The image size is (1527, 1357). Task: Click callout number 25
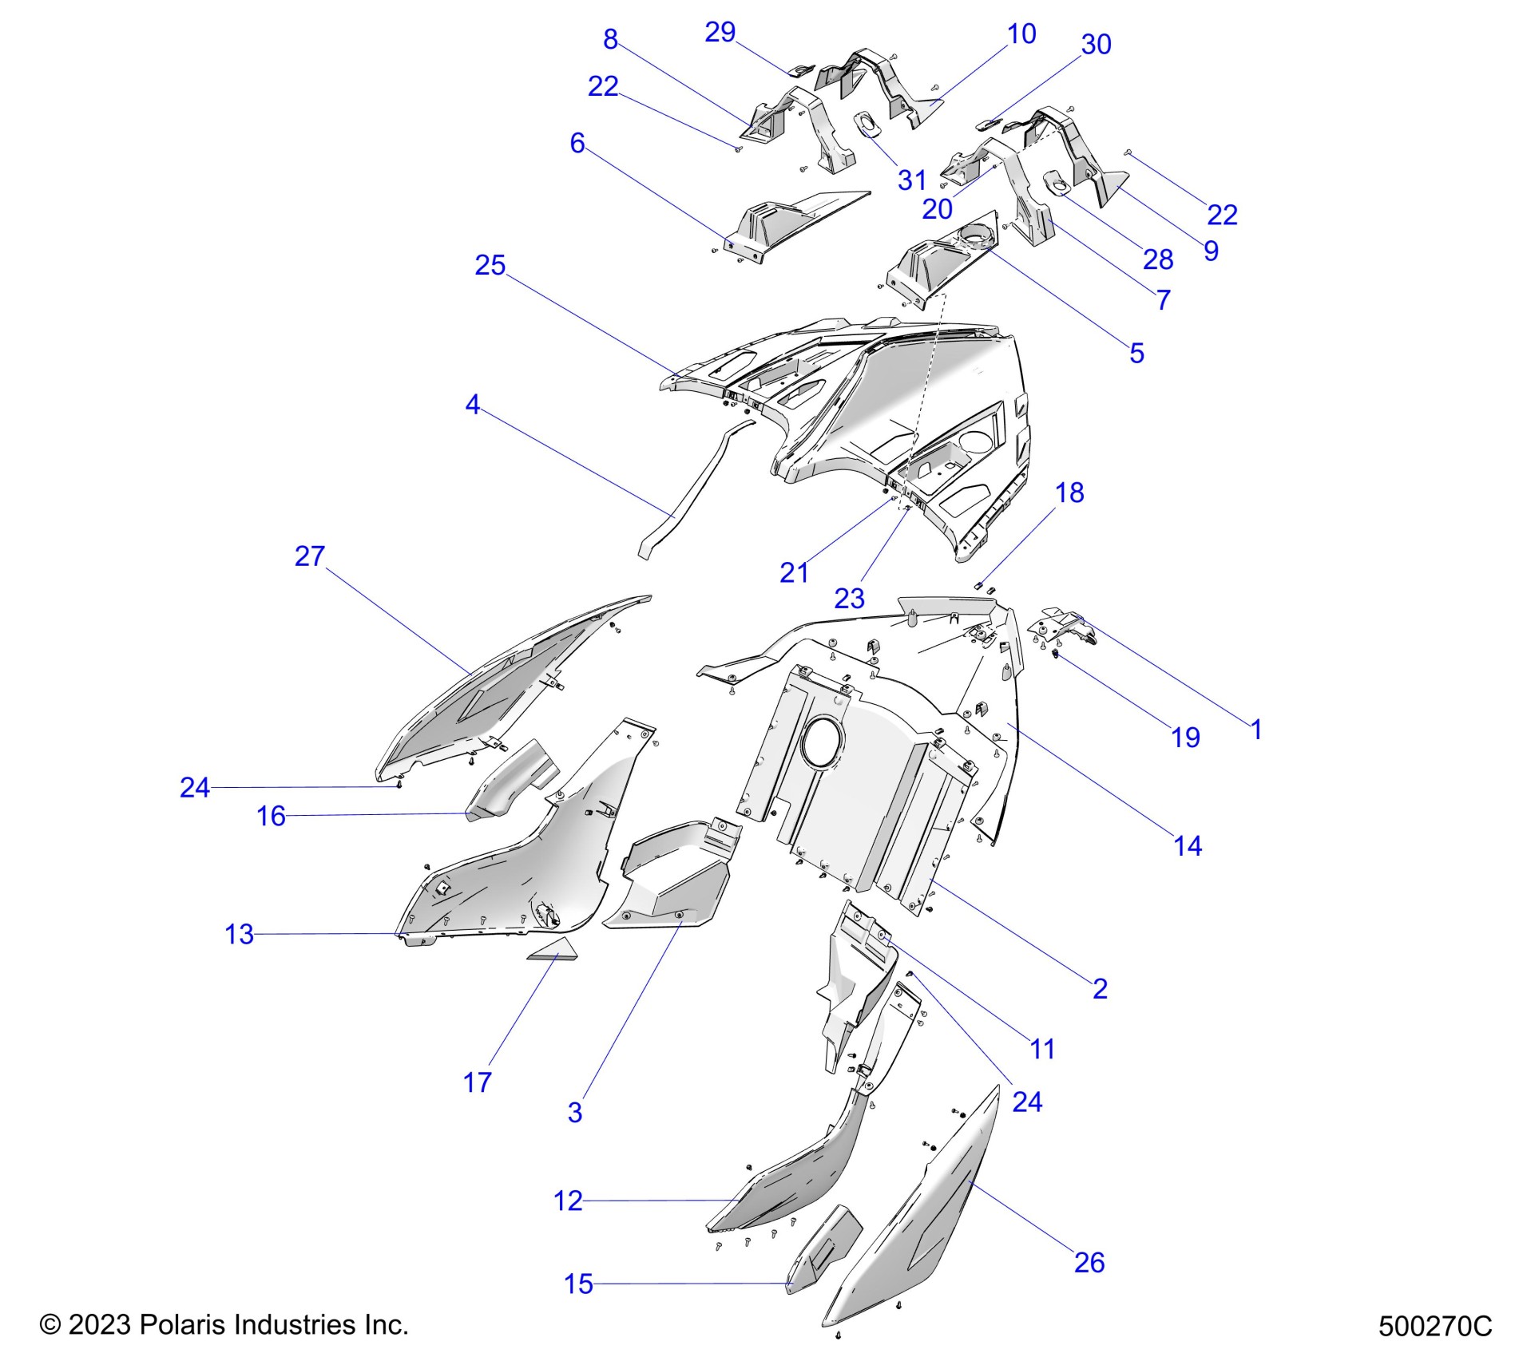(490, 266)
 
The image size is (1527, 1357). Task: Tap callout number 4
(472, 406)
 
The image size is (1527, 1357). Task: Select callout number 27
(310, 556)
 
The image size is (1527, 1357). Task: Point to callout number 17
(477, 1083)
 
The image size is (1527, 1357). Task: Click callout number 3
(575, 1113)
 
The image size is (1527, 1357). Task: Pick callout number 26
(1089, 1263)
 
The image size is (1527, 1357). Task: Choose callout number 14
(1188, 846)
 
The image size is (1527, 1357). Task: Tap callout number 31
(911, 180)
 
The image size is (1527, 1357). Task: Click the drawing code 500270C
(1434, 1326)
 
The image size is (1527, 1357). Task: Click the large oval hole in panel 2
(819, 743)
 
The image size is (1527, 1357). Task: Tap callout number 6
(577, 144)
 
